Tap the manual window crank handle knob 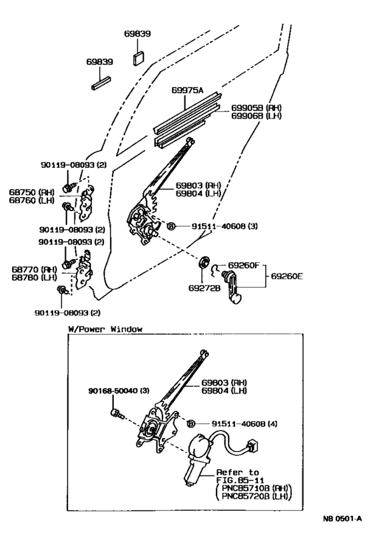[238, 302]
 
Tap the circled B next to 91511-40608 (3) [171, 226]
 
